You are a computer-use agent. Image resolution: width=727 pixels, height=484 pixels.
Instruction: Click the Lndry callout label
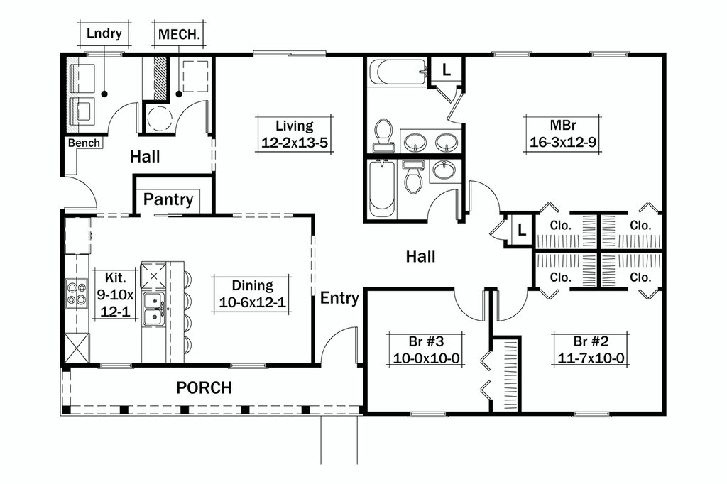pos(104,34)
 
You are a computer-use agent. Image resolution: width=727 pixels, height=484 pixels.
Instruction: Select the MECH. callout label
pos(178,34)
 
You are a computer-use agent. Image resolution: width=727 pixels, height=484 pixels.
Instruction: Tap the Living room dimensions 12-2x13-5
pos(294,142)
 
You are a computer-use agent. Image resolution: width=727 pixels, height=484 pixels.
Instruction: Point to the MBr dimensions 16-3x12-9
pos(562,141)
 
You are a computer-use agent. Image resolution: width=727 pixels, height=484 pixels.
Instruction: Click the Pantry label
pos(168,199)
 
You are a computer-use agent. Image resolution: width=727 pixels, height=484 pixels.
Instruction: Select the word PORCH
pos(204,387)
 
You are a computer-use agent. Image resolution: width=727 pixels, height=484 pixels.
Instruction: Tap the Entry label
pos(339,298)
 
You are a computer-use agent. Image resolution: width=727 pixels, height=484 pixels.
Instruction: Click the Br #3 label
pos(429,339)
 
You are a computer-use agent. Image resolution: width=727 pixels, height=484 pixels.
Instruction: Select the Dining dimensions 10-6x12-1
pos(252,302)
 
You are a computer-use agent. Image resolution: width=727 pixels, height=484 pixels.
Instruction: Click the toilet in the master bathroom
pos(384,134)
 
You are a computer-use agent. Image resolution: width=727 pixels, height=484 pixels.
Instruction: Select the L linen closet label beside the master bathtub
pos(446,70)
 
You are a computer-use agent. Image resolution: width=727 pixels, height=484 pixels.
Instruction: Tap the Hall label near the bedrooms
pos(420,256)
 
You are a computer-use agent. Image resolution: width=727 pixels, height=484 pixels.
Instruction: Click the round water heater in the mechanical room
pos(160,118)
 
